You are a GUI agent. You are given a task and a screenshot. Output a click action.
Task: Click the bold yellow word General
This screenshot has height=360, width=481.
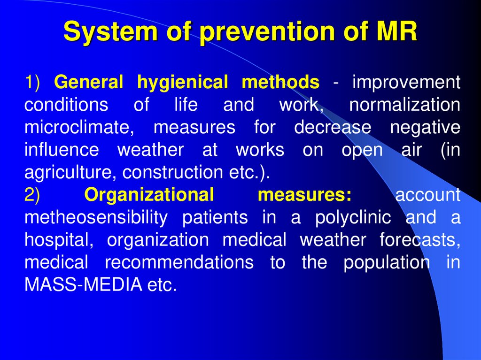(89, 83)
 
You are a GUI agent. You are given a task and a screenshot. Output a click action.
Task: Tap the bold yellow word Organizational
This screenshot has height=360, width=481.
(149, 195)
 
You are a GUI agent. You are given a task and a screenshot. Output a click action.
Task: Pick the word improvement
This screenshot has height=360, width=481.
(406, 83)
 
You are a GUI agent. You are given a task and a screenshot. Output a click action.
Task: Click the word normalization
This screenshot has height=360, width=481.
(404, 105)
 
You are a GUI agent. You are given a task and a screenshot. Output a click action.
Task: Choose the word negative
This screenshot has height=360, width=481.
(425, 128)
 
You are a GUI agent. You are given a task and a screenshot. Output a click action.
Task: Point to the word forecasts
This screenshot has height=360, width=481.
(419, 240)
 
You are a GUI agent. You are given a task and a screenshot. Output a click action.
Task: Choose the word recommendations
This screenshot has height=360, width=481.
(179, 263)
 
